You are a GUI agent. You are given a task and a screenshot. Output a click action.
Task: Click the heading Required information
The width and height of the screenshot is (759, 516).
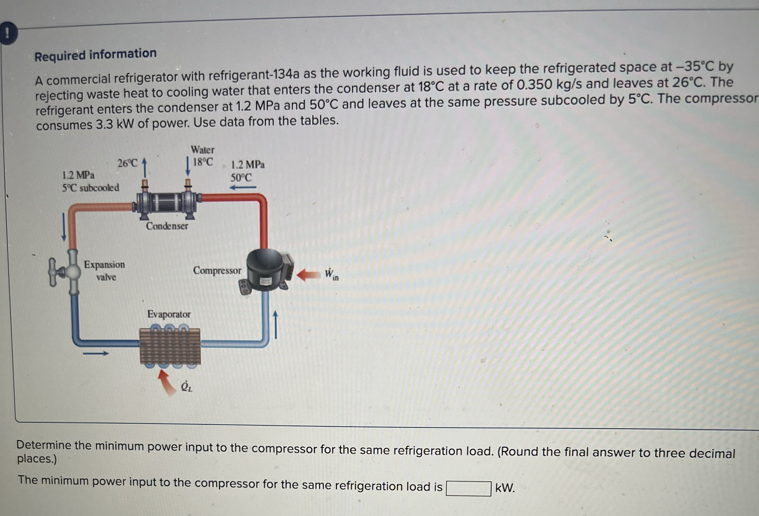[x=95, y=54]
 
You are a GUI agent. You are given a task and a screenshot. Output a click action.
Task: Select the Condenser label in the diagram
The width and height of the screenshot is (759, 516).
[x=167, y=226]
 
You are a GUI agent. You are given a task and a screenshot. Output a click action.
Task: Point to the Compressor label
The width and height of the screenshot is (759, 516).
[x=217, y=270]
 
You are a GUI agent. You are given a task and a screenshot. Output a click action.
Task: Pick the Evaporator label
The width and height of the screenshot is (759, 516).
[x=169, y=314]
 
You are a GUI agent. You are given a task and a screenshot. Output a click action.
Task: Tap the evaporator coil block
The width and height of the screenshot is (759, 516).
[x=170, y=346]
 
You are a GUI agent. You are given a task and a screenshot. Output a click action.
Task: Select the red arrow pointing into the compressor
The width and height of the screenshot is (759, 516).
[x=308, y=275]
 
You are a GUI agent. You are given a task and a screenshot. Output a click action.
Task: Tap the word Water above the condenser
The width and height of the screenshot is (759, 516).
[x=203, y=150]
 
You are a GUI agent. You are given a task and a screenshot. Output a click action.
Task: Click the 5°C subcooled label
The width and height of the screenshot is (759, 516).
[x=91, y=188]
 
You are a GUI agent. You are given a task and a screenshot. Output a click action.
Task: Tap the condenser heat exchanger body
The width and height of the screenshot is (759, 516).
[x=167, y=203]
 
